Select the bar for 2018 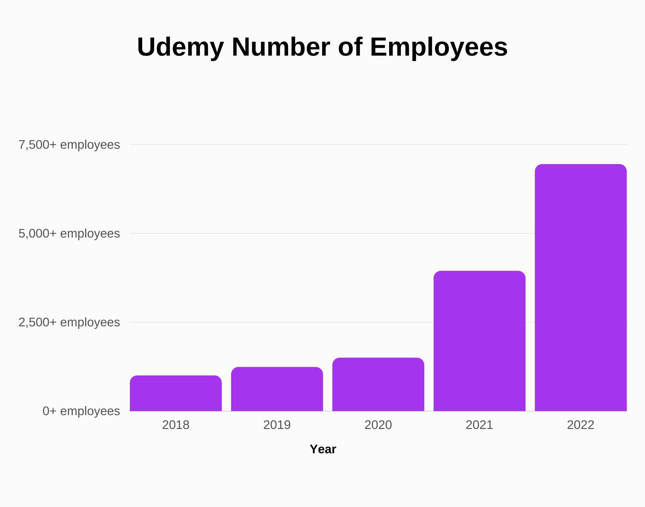(176, 393)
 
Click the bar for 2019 (277, 389)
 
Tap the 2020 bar (378, 384)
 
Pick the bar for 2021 (479, 341)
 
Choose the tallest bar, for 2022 (580, 288)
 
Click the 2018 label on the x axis (176, 425)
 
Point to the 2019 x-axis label (277, 425)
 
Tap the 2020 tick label (378, 425)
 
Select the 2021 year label (479, 425)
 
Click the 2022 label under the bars (580, 425)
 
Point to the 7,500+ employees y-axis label (69, 145)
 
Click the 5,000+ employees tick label (69, 234)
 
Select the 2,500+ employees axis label (69, 322)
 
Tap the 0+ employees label (81, 411)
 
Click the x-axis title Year (323, 449)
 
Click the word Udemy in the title (180, 47)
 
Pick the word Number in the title (281, 47)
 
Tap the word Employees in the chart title (439, 47)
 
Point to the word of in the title (350, 47)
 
